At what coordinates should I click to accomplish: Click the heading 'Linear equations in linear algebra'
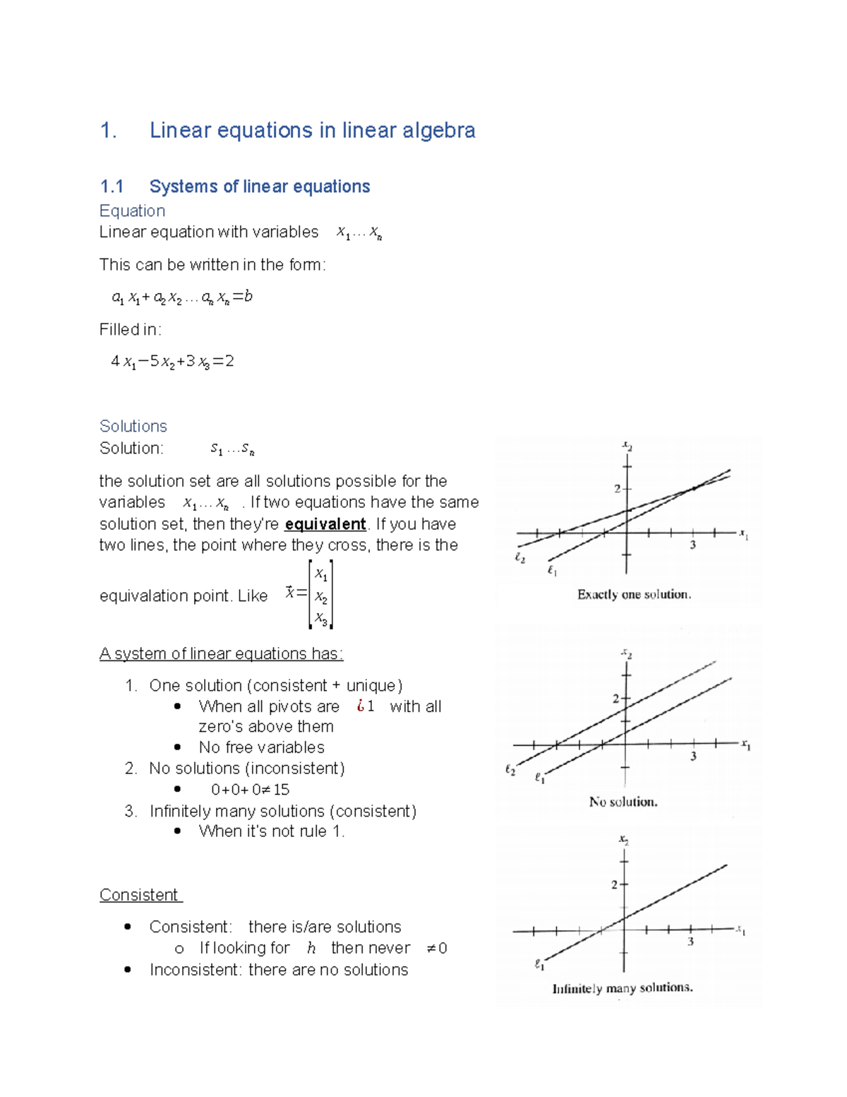pos(312,131)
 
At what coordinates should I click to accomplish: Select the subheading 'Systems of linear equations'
pos(259,186)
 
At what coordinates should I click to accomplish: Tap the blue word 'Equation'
pos(132,210)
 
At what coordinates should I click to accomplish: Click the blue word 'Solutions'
pos(133,426)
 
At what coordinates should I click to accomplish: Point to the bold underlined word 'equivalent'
pos(325,524)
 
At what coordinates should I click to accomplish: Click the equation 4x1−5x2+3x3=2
pos(172,362)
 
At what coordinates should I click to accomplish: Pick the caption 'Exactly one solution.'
pos(634,595)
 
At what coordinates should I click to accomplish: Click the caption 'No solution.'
pos(623,802)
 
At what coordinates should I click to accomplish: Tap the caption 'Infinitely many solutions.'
pos(622,988)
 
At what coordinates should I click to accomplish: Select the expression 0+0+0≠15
pos(250,790)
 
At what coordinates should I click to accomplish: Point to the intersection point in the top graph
pos(694,487)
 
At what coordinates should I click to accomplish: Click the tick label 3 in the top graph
pos(692,545)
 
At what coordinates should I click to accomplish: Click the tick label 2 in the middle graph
pos(615,699)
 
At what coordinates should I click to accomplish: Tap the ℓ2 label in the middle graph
pos(510,770)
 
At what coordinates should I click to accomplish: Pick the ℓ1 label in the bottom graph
pos(539,963)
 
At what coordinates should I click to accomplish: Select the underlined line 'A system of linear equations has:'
pos(221,654)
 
